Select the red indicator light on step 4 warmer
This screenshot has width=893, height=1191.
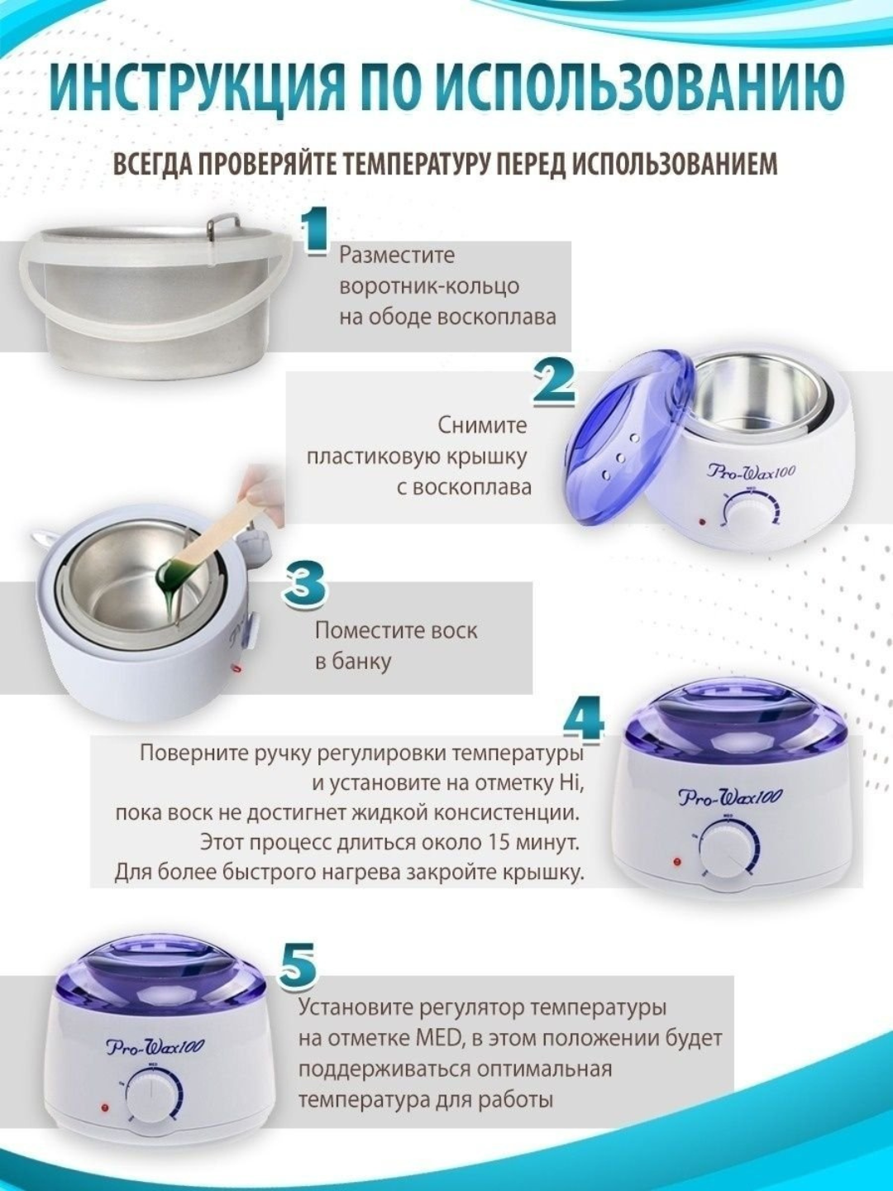[x=676, y=862]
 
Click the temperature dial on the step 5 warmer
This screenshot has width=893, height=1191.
[x=152, y=1093]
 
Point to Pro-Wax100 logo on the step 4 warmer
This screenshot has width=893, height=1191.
[x=729, y=797]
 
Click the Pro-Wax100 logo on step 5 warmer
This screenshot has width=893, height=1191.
[x=155, y=1047]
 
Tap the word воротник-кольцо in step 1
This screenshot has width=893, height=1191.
[x=429, y=286]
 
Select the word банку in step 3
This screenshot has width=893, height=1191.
[x=362, y=662]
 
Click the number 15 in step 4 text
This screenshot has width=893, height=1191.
[x=499, y=842]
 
